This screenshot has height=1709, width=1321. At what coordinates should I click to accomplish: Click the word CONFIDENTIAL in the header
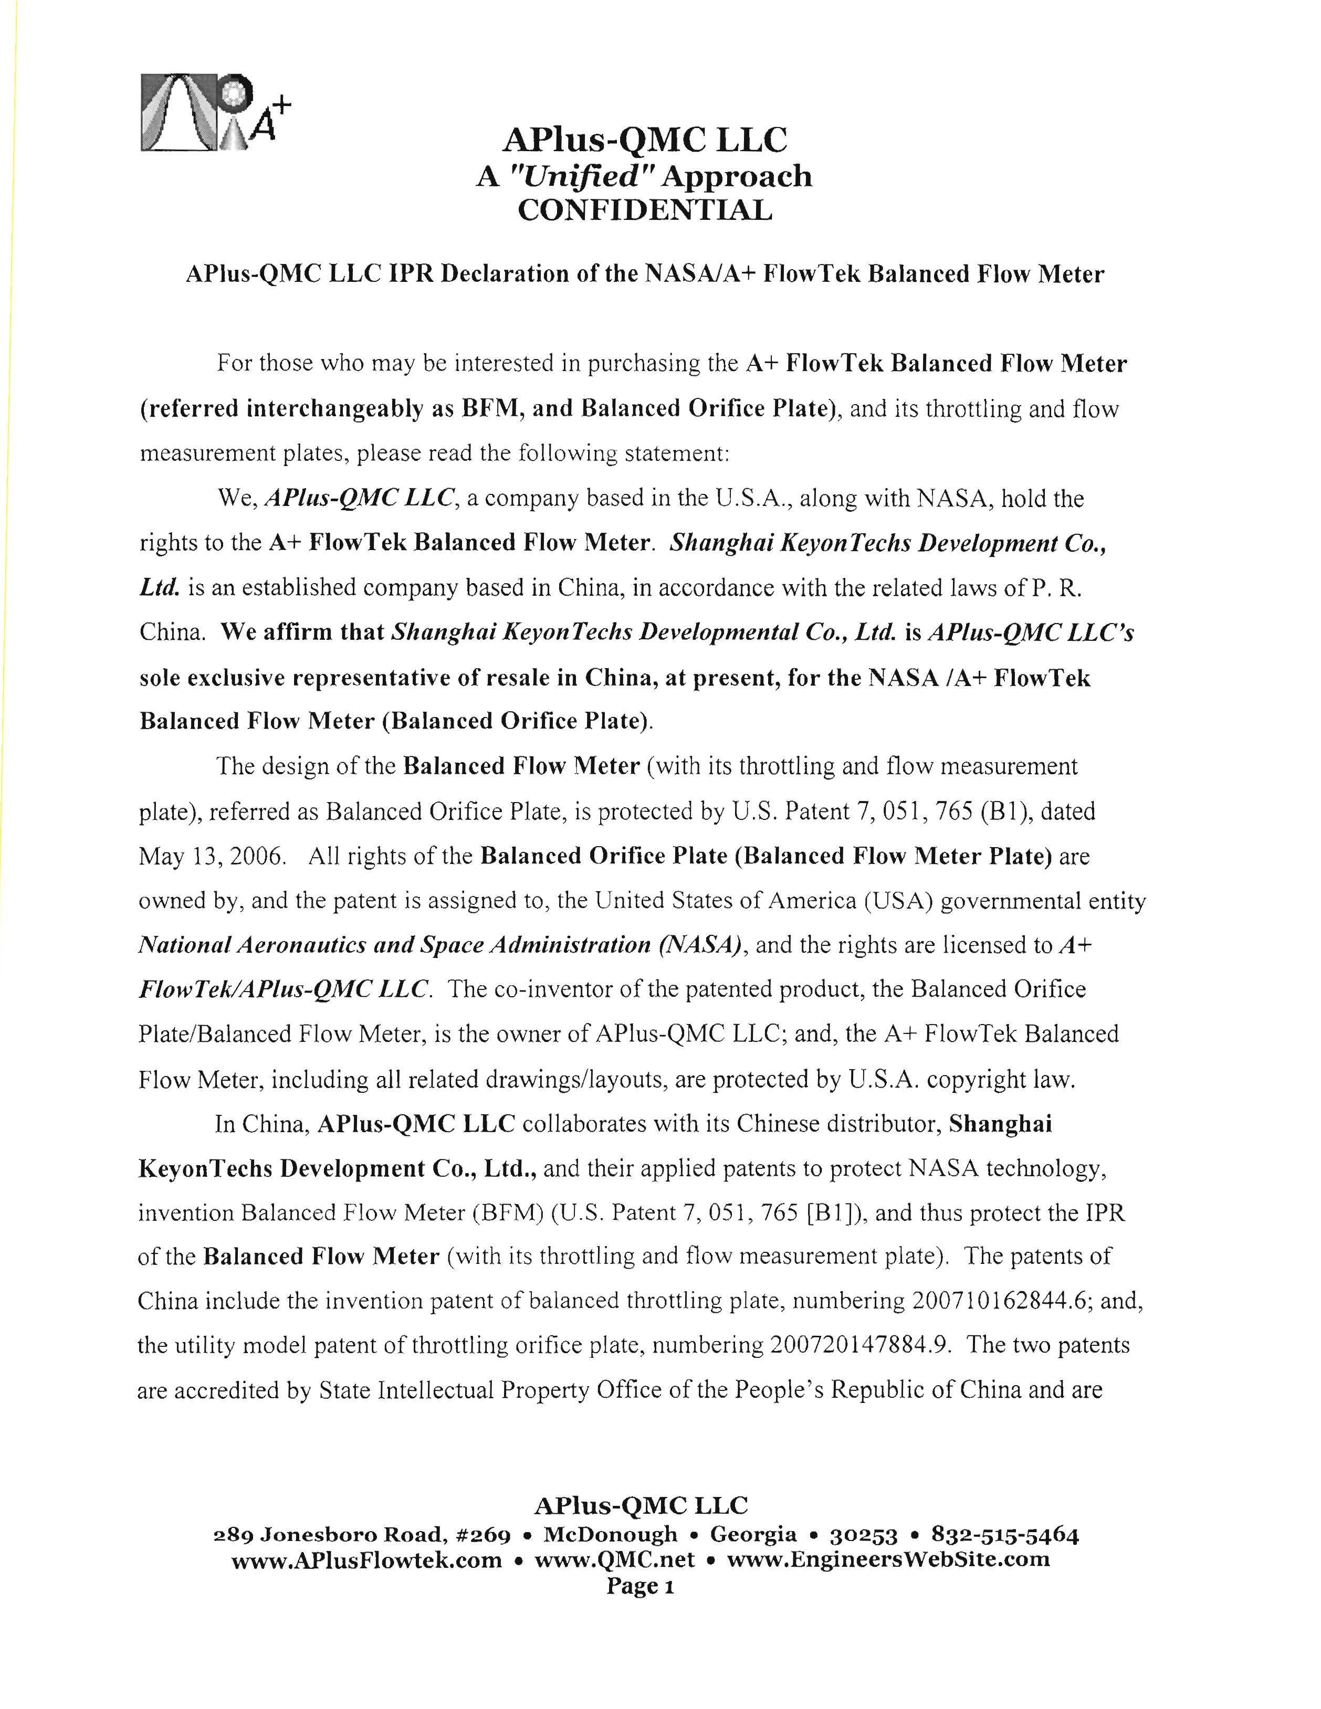pyautogui.click(x=645, y=210)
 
